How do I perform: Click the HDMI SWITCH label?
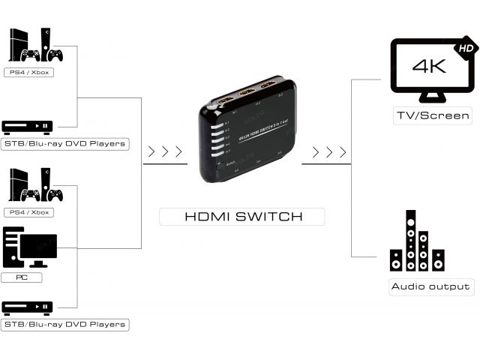(243, 217)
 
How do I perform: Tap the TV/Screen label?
(433, 115)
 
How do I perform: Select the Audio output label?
(430, 286)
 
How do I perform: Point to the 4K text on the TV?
(429, 66)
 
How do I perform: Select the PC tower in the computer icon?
(15, 246)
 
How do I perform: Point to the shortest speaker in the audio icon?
(395, 260)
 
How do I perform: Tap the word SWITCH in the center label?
(271, 217)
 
